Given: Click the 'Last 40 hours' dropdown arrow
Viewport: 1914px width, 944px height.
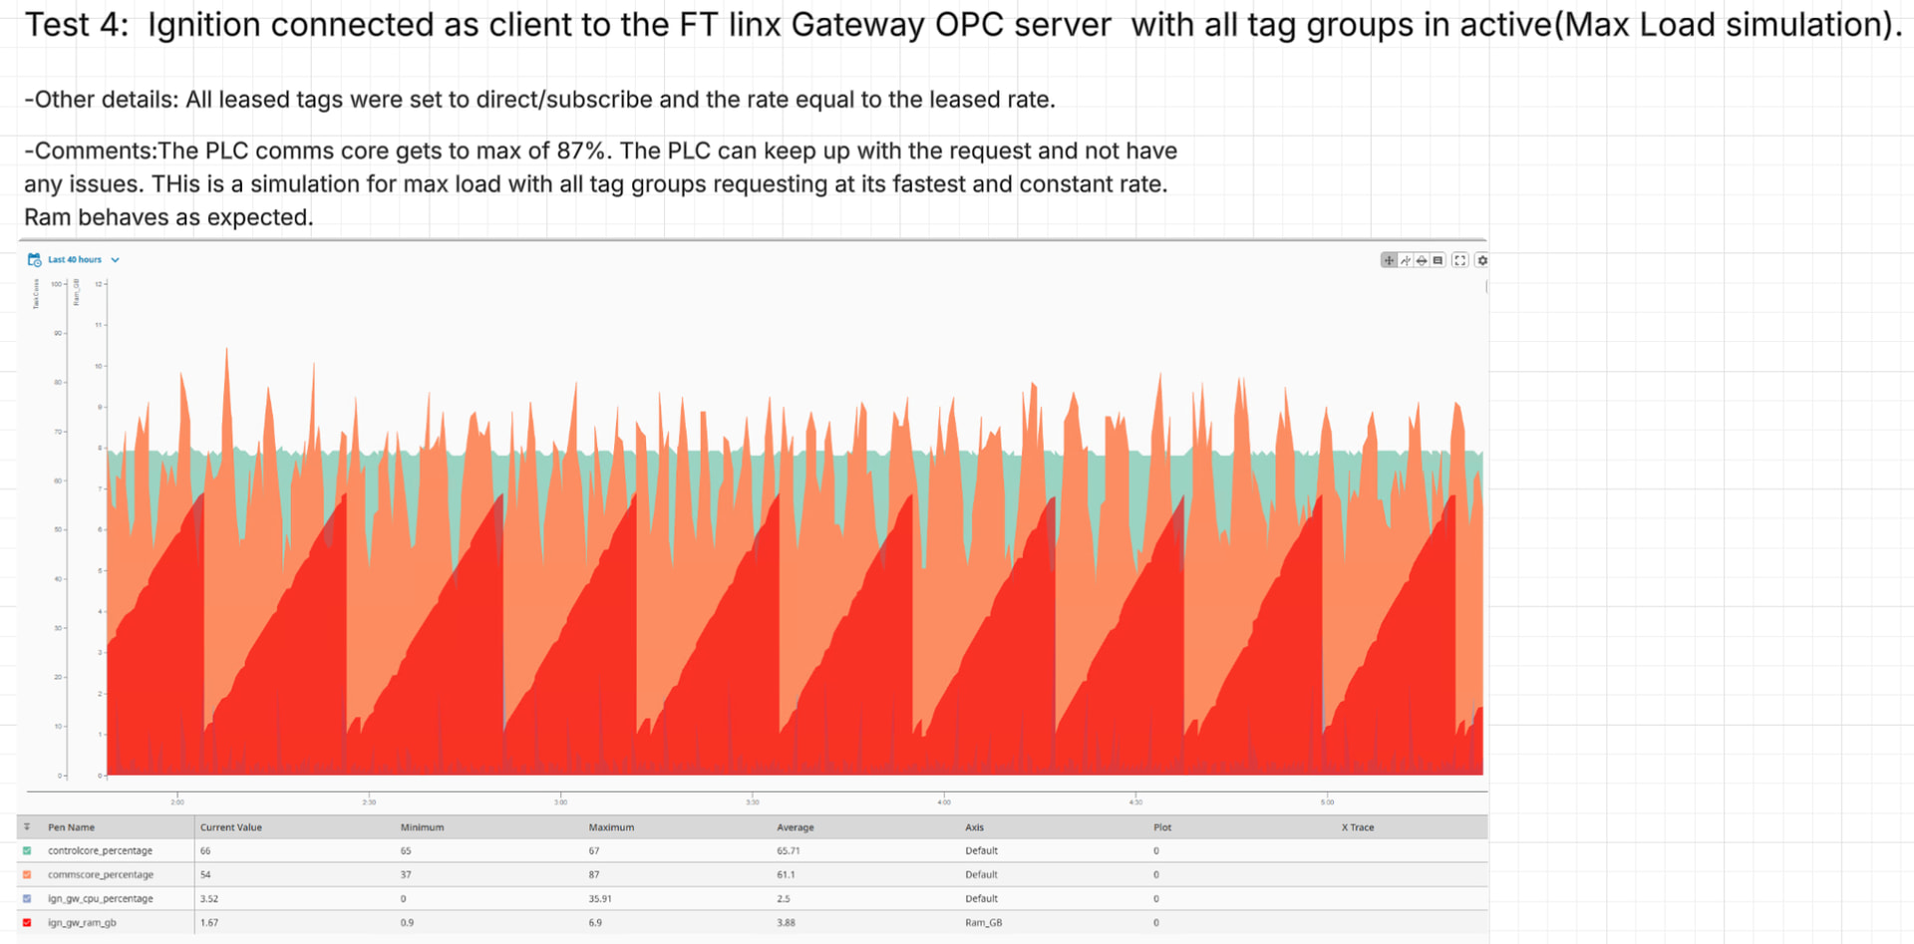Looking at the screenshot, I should [x=116, y=260].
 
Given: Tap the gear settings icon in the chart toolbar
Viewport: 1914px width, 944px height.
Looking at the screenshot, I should [x=1482, y=260].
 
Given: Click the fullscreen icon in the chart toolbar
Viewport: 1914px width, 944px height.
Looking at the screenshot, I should [x=1459, y=260].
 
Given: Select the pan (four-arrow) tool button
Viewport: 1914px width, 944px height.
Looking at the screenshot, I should [x=1389, y=260].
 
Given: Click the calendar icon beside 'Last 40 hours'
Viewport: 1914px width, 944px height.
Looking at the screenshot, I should [x=34, y=260].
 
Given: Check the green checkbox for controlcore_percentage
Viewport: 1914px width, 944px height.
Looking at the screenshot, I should [x=27, y=851].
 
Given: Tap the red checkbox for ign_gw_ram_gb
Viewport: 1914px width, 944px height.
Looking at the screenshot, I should [x=27, y=923].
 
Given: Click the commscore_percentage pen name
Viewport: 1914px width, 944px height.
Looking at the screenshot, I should [x=101, y=875].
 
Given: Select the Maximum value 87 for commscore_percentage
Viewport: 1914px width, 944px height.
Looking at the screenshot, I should [x=594, y=875].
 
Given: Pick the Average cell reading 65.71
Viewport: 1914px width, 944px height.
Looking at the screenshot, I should [x=789, y=851].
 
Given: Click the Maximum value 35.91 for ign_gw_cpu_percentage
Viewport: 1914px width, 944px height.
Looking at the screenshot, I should [x=600, y=899].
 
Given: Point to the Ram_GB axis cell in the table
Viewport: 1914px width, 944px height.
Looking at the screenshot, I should [x=983, y=923].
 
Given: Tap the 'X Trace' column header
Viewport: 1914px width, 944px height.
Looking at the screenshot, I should [x=1358, y=827].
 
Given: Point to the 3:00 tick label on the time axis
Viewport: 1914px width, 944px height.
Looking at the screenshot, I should [x=561, y=802].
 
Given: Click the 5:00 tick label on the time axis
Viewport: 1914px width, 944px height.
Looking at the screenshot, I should [x=1327, y=802].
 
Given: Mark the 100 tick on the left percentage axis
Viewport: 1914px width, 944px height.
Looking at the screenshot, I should [x=56, y=284].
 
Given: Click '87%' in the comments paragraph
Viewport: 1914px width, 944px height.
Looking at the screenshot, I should [x=581, y=152].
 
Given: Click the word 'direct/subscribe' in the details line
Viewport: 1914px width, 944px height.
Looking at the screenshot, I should [x=567, y=100].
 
